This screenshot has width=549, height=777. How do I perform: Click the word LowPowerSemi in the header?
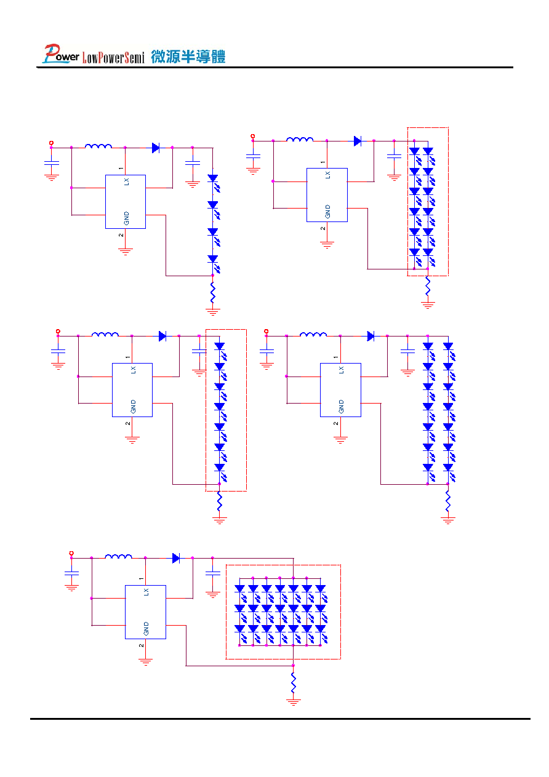(113, 57)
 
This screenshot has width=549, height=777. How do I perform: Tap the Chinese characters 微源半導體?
(188, 57)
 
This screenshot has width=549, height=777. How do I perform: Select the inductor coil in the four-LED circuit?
(98, 146)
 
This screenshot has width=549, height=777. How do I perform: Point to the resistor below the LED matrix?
(293, 682)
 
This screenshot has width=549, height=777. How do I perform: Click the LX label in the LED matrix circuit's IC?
(146, 592)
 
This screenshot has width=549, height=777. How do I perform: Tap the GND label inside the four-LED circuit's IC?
(126, 218)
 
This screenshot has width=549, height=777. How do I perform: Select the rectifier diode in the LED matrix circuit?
(176, 558)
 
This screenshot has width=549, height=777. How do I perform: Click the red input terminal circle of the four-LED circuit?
(51, 143)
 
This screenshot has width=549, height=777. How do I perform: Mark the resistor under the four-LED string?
(213, 292)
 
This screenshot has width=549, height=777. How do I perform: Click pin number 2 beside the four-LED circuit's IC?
(121, 235)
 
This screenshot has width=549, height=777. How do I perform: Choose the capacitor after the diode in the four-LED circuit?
(193, 162)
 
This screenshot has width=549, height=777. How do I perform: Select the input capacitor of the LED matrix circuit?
(71, 573)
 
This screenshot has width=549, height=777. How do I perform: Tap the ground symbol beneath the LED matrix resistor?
(293, 702)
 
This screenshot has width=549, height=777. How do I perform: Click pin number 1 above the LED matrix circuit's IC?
(141, 578)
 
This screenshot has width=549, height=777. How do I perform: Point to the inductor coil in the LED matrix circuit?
(118, 556)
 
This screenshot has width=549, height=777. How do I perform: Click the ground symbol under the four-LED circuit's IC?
(126, 252)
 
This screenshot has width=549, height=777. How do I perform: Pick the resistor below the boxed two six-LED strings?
(428, 287)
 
